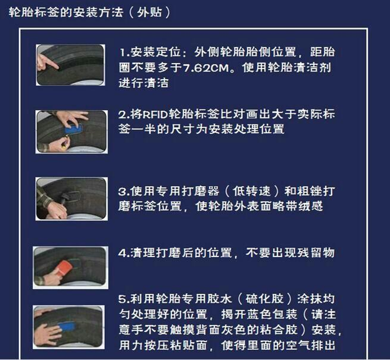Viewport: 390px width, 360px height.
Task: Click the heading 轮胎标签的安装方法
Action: (x=66, y=12)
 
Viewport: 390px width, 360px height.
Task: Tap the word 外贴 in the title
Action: (x=150, y=12)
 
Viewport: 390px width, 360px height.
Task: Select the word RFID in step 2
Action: (x=156, y=114)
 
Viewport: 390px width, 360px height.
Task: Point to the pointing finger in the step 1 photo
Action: (x=47, y=62)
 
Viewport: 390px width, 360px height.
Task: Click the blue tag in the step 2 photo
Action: (x=73, y=129)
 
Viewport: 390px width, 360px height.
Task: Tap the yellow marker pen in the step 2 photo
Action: (x=65, y=144)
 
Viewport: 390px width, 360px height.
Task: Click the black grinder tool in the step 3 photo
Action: (x=66, y=199)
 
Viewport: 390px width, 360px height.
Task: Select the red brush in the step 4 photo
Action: (x=63, y=269)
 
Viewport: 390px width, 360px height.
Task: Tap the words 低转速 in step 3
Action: (x=252, y=191)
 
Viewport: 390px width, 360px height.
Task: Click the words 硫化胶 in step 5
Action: (x=265, y=299)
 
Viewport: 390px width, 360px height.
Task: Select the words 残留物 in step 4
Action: (x=315, y=253)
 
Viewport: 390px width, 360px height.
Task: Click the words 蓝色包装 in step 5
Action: (x=272, y=314)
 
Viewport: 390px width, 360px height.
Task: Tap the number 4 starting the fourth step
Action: (x=122, y=253)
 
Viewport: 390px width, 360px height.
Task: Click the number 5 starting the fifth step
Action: (x=122, y=299)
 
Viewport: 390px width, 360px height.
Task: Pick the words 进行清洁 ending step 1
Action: (x=144, y=83)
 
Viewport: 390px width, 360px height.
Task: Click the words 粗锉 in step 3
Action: (x=310, y=191)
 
